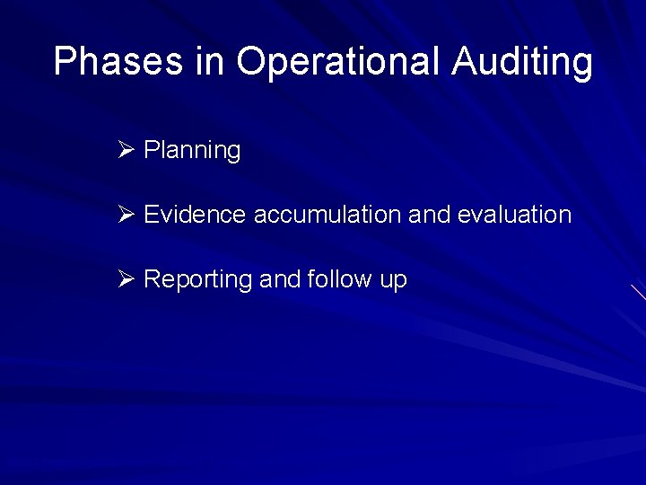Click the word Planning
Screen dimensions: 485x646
click(x=192, y=151)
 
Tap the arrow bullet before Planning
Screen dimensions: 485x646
click(x=125, y=149)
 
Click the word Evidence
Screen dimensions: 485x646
click(x=195, y=215)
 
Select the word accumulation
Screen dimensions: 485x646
click(x=327, y=215)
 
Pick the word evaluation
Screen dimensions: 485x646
click(x=514, y=215)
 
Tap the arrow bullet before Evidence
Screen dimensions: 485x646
click(x=125, y=214)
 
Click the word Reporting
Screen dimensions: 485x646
click(x=197, y=280)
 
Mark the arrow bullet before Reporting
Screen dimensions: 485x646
click(x=125, y=278)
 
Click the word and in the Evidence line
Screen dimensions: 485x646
click(x=429, y=215)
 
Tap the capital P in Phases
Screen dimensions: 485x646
click(x=65, y=62)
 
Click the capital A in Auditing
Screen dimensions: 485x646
click(x=466, y=62)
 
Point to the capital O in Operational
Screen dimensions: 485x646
click(x=252, y=62)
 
